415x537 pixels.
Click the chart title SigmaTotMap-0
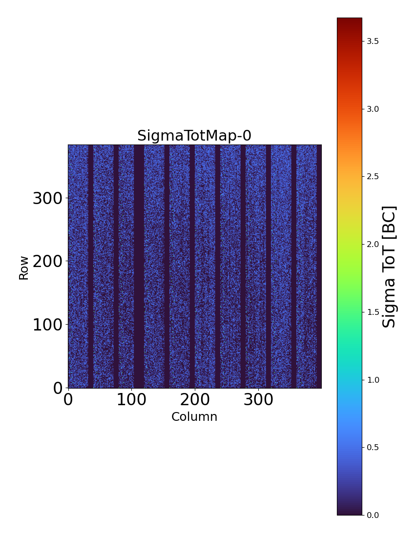(x=194, y=136)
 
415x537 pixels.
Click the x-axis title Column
(x=194, y=417)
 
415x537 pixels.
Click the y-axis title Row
(x=24, y=268)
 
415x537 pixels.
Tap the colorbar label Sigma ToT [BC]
(x=389, y=267)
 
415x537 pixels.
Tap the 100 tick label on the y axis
(x=48, y=325)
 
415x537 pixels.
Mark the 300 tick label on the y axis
(x=48, y=199)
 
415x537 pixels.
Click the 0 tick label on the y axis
(x=58, y=389)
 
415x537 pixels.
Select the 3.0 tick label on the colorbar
(x=373, y=109)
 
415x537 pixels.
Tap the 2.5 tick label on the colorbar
(x=373, y=176)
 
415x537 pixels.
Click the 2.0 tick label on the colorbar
(x=373, y=244)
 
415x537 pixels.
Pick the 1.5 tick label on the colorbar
(x=373, y=312)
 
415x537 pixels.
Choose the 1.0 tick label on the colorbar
(x=373, y=380)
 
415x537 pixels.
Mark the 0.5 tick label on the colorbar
(x=373, y=447)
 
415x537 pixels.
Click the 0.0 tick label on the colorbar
(x=373, y=515)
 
